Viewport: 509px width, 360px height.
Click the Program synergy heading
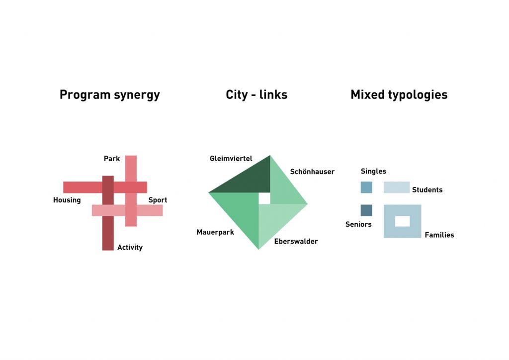pyautogui.click(x=110, y=95)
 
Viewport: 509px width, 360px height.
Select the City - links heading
pyautogui.click(x=256, y=94)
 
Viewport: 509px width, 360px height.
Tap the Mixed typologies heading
pyautogui.click(x=399, y=95)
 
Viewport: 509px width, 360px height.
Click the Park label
pyautogui.click(x=112, y=159)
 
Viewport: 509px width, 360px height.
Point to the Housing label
pyautogui.click(x=67, y=200)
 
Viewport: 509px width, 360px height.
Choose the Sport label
pyautogui.click(x=158, y=200)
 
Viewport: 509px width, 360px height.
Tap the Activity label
pyautogui.click(x=130, y=247)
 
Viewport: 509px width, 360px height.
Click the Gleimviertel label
pyautogui.click(x=231, y=159)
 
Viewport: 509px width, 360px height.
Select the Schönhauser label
pyautogui.click(x=312, y=172)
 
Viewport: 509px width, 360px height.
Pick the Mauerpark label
pyautogui.click(x=215, y=232)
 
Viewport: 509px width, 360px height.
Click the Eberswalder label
pyautogui.click(x=296, y=241)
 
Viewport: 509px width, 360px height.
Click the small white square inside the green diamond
pyautogui.click(x=264, y=198)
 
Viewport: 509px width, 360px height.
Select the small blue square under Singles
pyautogui.click(x=366, y=187)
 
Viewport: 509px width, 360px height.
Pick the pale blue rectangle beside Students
pyautogui.click(x=397, y=187)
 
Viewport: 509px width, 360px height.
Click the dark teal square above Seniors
pyautogui.click(x=366, y=210)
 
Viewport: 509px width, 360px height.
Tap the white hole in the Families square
pyautogui.click(x=403, y=221)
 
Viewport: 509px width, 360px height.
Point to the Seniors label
pyautogui.click(x=358, y=224)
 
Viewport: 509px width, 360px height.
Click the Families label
pyautogui.click(x=439, y=235)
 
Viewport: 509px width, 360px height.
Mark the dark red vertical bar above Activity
pyautogui.click(x=108, y=213)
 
